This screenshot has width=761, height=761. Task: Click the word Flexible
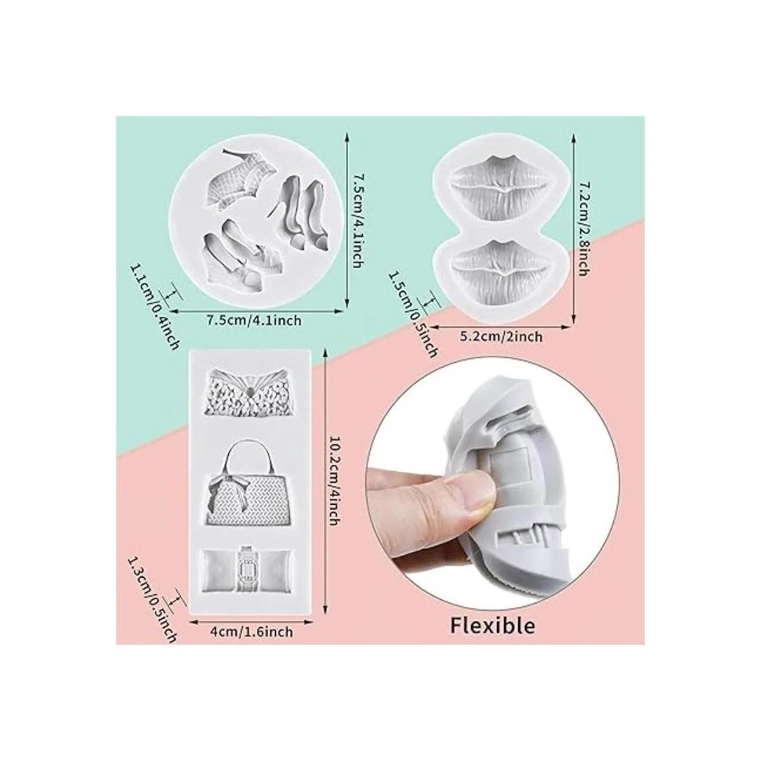click(493, 625)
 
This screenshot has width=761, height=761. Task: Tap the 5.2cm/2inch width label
click(501, 337)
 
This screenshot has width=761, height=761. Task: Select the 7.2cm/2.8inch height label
click(583, 223)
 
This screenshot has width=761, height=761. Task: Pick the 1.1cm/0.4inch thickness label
click(154, 306)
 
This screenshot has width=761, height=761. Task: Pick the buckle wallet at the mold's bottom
click(249, 571)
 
